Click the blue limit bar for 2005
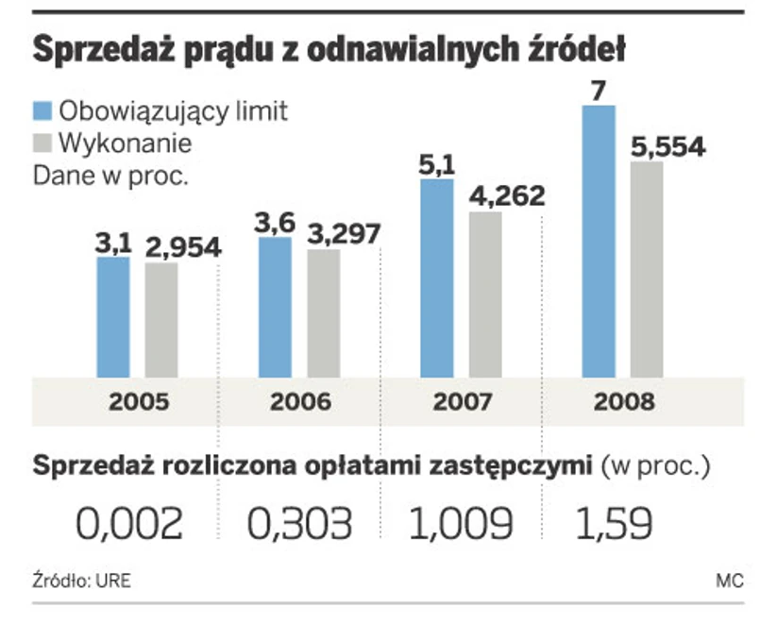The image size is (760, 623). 113,316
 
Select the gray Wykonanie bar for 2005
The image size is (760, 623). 161,319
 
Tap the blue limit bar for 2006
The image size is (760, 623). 275,307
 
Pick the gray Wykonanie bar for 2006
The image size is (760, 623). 323,311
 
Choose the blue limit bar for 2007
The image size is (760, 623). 436,278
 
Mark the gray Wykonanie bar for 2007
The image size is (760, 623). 485,294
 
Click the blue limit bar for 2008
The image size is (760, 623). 599,241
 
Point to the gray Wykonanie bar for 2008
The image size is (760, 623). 647,269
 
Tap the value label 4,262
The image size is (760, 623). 507,196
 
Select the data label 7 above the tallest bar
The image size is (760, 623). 599,92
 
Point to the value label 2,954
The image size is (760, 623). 183,247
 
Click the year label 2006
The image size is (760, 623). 300,401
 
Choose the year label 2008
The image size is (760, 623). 624,401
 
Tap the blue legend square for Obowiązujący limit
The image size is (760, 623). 43,110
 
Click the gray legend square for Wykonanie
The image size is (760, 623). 43,143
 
